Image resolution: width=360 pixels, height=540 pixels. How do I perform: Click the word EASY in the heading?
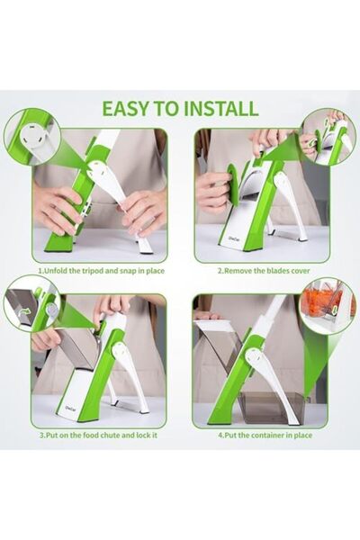125,108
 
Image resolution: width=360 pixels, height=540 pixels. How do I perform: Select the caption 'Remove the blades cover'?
260,269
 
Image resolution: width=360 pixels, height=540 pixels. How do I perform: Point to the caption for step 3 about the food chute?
97,435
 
